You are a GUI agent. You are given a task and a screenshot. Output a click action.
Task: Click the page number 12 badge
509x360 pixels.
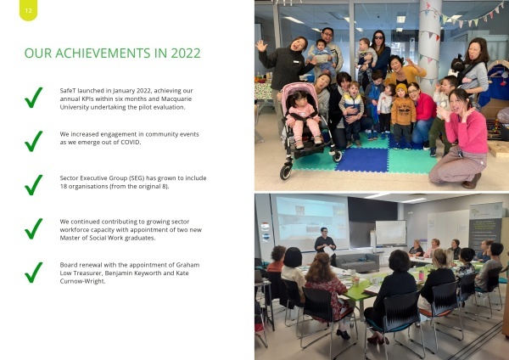pos(28,10)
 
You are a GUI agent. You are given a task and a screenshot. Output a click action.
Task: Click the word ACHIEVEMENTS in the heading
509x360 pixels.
pos(103,53)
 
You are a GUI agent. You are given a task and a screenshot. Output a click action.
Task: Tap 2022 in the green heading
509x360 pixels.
pos(186,53)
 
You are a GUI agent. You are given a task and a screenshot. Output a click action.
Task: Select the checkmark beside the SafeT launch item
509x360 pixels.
pos(33,98)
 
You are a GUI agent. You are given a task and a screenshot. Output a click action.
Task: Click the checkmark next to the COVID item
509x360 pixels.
pos(33,141)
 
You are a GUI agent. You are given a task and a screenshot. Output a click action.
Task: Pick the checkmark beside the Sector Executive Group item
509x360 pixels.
pos(33,185)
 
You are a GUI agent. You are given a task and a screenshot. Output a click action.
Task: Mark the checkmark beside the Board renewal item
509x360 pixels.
pos(33,273)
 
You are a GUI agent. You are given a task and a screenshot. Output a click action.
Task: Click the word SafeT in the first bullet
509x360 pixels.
pos(68,91)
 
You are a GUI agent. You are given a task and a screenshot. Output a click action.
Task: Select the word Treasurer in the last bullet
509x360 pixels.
pos(87,273)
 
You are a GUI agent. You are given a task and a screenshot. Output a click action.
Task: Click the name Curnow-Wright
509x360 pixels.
pos(82,281)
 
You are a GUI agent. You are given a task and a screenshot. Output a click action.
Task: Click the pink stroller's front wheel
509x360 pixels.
pos(286,171)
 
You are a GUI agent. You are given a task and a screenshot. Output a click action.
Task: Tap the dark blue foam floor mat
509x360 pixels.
pos(362,160)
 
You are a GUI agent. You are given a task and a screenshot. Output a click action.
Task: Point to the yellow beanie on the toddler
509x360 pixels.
pos(401,87)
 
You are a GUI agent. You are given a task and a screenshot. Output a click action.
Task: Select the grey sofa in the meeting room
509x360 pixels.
pos(357,262)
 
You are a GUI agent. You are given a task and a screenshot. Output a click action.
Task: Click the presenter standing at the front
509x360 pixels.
pos(326,245)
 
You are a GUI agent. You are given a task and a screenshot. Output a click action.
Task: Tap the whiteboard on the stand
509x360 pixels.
pos(391,233)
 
